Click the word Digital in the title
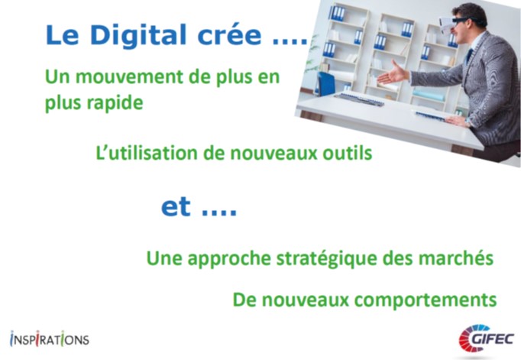138,36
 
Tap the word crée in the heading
230,35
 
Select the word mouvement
130,76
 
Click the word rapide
115,103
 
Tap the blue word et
176,207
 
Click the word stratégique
327,258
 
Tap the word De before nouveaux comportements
244,300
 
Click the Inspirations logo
50,339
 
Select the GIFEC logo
487,339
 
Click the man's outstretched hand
393,73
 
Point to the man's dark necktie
469,56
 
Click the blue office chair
325,83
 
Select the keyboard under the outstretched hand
360,99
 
